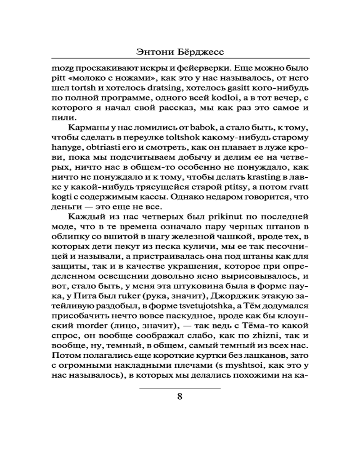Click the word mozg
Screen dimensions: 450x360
click(63, 70)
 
